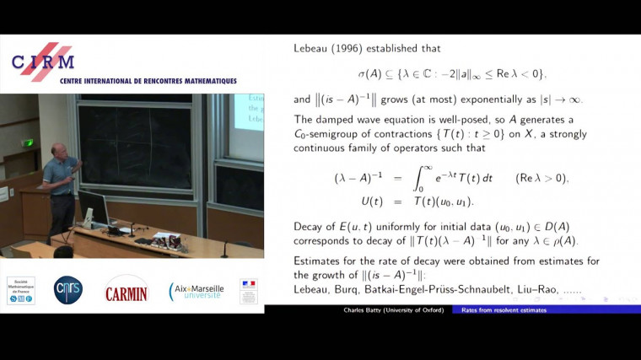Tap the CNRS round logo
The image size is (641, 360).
pos(68,289)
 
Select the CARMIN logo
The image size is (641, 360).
pos(127,290)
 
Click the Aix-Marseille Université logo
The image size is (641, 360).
pos(195,291)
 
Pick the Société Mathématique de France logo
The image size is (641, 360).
pos(20,290)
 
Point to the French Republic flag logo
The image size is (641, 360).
pos(248,290)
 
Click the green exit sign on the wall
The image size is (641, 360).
pos(28,142)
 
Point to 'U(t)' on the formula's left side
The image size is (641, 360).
pos(347,202)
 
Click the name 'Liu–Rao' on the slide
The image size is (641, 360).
pos(533,290)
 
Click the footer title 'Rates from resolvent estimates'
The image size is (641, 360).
pos(504,310)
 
